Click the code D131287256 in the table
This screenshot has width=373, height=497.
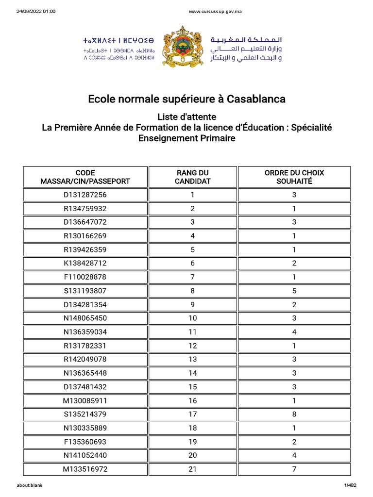85,195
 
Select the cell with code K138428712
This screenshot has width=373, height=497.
85,263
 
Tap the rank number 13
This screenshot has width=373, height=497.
192,359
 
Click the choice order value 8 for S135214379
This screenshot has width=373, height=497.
294,414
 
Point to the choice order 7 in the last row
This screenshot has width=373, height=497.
294,469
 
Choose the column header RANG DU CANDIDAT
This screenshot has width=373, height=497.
192,177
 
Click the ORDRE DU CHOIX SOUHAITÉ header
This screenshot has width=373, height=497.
294,177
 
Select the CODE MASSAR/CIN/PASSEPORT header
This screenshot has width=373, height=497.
85,177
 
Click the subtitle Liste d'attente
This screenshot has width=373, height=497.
186,117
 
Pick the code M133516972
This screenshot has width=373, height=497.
85,469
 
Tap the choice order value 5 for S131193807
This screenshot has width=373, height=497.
294,291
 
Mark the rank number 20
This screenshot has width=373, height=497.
192,455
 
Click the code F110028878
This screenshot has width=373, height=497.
85,277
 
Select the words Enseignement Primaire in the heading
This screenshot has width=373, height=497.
186,138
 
